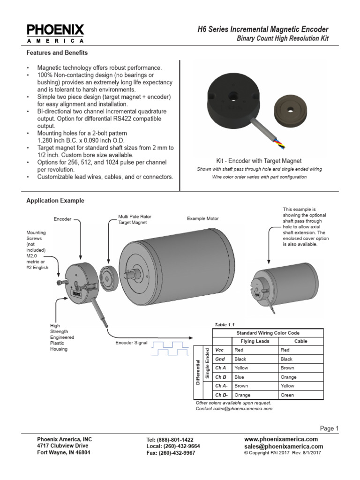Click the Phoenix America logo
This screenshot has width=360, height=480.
point(55,33)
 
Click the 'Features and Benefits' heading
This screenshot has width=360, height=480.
point(57,53)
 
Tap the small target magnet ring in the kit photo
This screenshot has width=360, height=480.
point(290,112)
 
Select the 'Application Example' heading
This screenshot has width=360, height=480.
point(55,201)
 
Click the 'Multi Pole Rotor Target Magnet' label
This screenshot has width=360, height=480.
point(135,219)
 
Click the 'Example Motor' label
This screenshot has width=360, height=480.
point(202,218)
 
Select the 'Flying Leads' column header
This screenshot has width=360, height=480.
point(255,341)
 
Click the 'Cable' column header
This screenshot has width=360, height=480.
point(300,341)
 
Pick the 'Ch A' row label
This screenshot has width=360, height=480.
point(220,368)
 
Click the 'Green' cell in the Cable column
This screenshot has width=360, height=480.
point(287,395)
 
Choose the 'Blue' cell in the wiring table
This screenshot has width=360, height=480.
point(240,377)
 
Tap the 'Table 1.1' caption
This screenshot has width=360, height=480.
point(224,324)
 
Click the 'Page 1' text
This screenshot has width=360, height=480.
point(329,428)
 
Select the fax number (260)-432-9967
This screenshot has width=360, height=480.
point(171,453)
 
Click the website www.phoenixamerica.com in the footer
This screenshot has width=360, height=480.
point(281,439)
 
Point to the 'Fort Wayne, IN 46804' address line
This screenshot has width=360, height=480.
point(64,453)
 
